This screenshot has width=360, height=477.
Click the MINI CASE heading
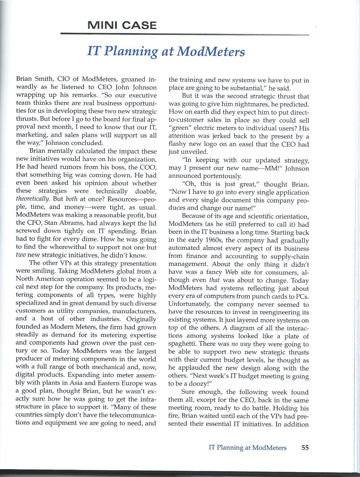(x=122, y=25)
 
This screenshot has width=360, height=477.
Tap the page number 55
(x=305, y=447)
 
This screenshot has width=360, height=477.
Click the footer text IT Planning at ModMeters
(x=248, y=447)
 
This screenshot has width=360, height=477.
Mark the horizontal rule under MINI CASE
(x=185, y=34)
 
